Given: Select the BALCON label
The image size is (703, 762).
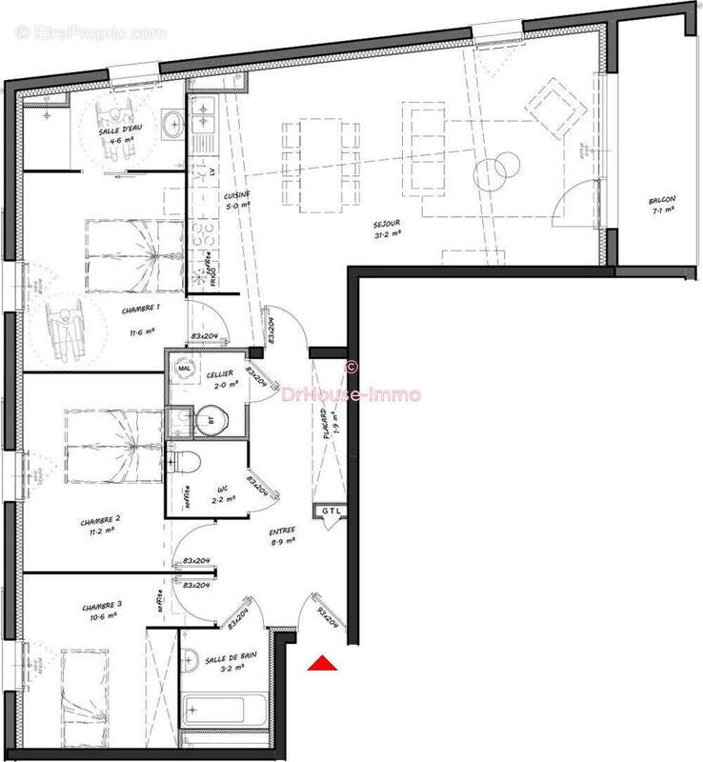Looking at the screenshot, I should (x=662, y=201).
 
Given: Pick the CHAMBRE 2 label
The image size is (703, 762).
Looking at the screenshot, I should (x=100, y=520).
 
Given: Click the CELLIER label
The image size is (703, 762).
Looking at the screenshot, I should (x=221, y=374).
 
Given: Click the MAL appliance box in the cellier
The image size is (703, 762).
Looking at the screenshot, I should (x=184, y=366).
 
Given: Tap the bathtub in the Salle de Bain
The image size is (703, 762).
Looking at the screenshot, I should (x=223, y=711).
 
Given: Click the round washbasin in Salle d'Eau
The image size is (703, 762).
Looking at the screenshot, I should (x=173, y=123).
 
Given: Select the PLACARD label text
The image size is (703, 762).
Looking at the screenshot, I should (x=324, y=418).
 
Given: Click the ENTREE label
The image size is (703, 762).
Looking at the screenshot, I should (x=282, y=531).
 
